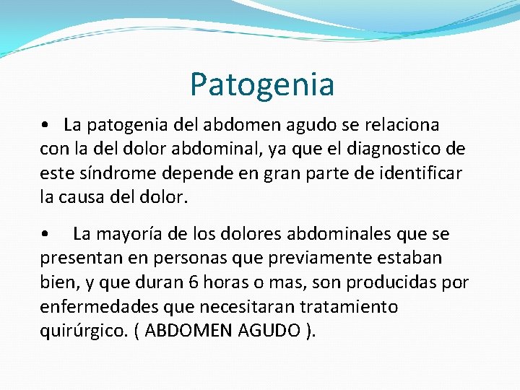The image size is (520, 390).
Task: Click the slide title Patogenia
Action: [x=262, y=84]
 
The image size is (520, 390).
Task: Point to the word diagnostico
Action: [x=402, y=149]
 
